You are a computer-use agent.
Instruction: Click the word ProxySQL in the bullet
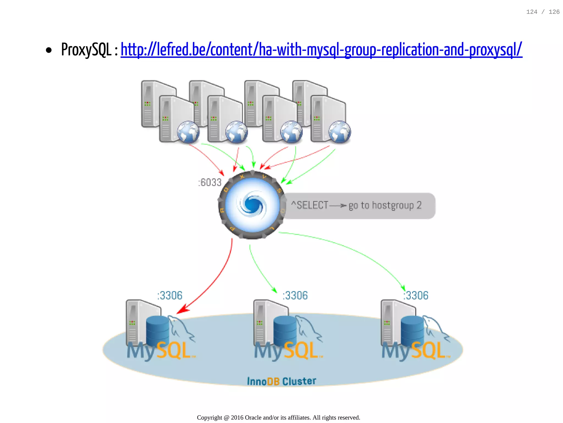pos(86,50)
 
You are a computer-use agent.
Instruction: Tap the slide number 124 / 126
pos(543,12)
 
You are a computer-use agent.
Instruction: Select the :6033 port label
pos(210,182)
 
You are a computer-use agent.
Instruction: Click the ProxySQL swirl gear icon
pos(252,205)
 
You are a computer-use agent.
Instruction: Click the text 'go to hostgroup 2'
pos(385,206)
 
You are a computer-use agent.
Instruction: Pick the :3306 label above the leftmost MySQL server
pos(170,295)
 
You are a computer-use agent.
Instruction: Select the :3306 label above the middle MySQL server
pos(295,295)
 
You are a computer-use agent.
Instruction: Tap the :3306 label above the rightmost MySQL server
pos(416,295)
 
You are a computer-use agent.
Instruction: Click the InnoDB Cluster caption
pos(281,381)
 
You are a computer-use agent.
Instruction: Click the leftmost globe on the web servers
pos(188,132)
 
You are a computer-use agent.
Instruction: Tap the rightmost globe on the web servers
pos(340,132)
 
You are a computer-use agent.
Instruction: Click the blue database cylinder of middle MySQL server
pos(285,330)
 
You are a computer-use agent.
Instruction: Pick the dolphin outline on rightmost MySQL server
pos(436,328)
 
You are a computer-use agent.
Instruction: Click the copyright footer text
pos(278,417)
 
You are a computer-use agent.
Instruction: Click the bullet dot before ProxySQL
pos(49,50)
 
